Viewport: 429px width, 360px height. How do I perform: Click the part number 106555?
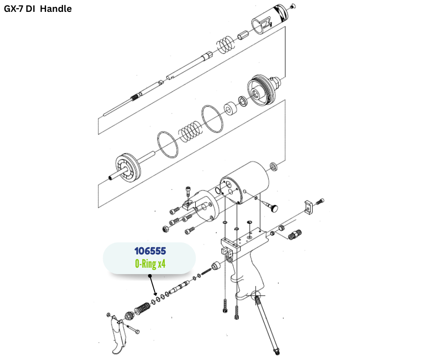[150, 251]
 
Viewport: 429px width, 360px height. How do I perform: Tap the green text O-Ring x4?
[150, 264]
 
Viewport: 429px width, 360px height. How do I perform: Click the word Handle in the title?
[56, 9]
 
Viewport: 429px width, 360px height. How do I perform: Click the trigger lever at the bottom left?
[118, 335]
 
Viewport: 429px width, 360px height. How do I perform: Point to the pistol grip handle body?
[246, 277]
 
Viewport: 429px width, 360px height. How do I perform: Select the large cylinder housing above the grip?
[245, 182]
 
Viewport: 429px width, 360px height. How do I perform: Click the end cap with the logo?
[269, 19]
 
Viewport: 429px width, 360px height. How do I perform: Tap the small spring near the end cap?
[226, 44]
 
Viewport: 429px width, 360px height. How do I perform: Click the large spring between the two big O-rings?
[191, 131]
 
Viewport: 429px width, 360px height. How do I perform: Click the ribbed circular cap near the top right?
[262, 90]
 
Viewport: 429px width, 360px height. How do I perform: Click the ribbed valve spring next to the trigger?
[142, 309]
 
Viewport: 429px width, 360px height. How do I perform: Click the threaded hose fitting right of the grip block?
[294, 234]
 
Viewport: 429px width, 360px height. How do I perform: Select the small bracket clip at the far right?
[309, 207]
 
